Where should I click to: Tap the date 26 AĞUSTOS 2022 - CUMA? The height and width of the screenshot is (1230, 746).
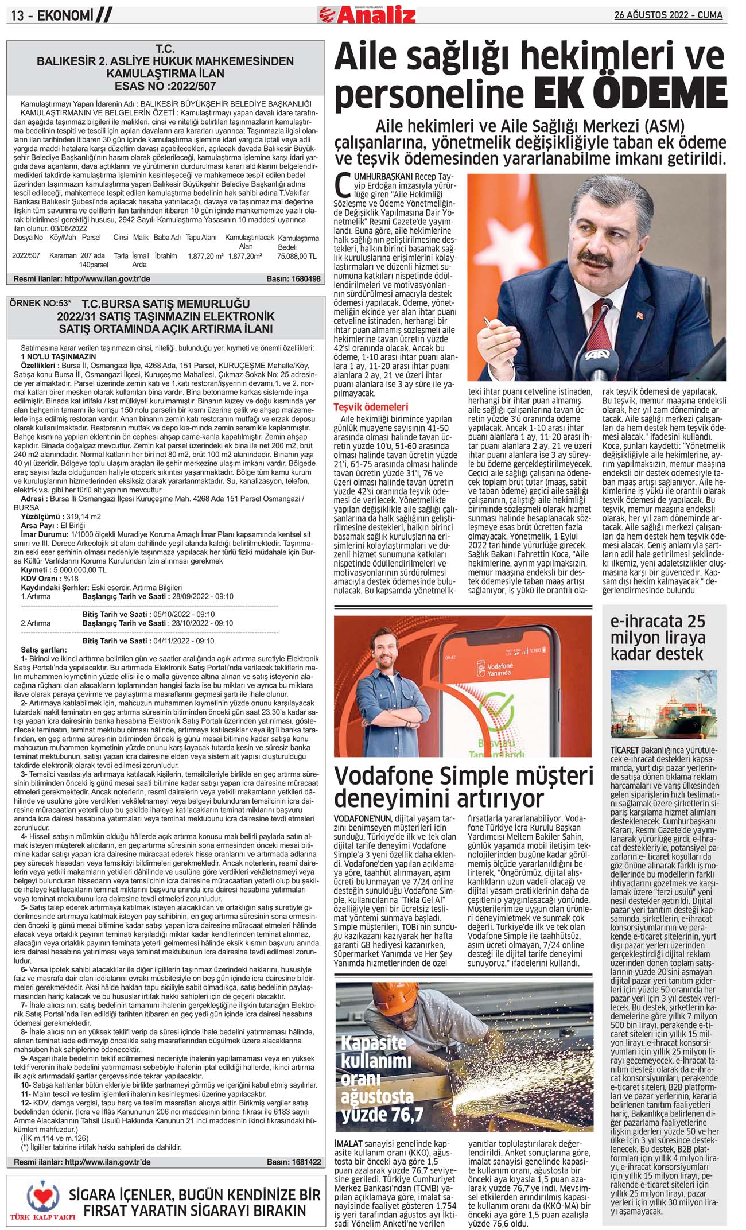[x=668, y=15]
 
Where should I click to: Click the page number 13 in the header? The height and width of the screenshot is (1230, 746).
[x=18, y=16]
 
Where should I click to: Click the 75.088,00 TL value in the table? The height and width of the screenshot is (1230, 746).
[x=297, y=256]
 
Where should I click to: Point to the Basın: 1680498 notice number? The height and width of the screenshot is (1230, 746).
[x=293, y=279]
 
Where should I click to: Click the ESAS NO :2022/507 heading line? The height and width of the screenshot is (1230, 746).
[x=165, y=87]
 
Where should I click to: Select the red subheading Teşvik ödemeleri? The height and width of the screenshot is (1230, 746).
[x=371, y=407]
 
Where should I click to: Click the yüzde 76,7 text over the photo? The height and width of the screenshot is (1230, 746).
[x=382, y=1114]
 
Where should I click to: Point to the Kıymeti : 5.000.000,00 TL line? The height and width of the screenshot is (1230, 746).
[x=64, y=570]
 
